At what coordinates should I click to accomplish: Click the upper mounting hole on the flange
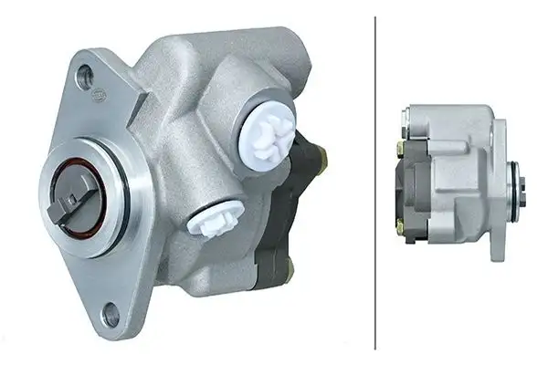[x=86, y=76]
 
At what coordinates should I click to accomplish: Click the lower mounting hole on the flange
[x=111, y=316]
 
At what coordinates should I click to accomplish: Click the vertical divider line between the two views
[x=375, y=182]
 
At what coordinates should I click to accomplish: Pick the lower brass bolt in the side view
[x=399, y=221]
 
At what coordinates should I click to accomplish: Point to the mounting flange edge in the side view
[x=499, y=182]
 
